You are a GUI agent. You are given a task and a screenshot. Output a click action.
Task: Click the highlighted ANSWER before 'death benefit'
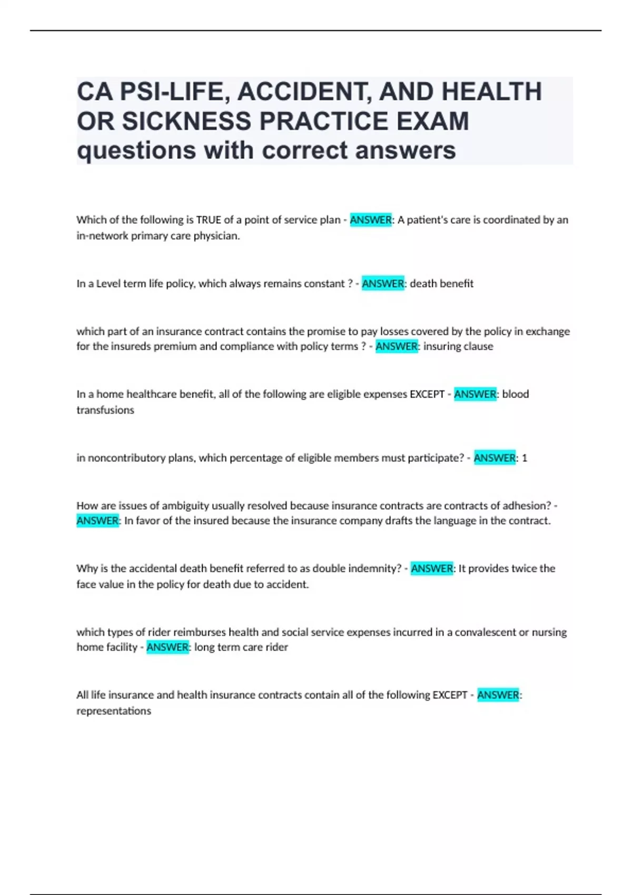[383, 283]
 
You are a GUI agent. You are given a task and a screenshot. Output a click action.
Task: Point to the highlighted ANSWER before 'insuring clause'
[397, 346]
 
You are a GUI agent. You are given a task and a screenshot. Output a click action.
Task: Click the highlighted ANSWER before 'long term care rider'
[167, 647]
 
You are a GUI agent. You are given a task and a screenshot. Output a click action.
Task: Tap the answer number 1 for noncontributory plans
[524, 458]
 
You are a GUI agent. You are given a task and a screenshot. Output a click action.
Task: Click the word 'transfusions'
[105, 410]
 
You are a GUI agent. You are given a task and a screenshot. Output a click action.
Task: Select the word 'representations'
[114, 710]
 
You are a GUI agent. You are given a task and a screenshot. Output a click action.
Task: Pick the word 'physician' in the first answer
[216, 235]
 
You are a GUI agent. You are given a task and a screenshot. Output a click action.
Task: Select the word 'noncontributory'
[126, 458]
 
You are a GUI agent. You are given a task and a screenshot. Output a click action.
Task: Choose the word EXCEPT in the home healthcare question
[427, 394]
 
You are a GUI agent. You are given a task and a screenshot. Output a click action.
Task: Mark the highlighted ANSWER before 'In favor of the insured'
[97, 521]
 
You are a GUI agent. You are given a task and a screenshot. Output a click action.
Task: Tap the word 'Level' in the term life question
[108, 283]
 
